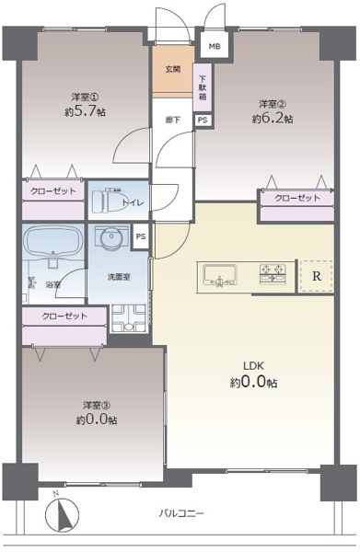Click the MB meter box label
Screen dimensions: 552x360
(x=214, y=46)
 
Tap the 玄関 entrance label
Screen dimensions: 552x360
(x=172, y=70)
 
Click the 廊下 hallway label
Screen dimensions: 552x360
(x=172, y=120)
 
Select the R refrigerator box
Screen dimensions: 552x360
(x=316, y=275)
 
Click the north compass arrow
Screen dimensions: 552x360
(x=64, y=512)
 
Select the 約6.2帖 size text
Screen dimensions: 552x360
(x=273, y=119)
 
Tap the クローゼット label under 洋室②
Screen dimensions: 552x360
(x=296, y=199)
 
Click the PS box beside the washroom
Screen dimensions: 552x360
(x=140, y=236)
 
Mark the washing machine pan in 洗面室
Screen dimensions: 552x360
(x=126, y=317)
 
